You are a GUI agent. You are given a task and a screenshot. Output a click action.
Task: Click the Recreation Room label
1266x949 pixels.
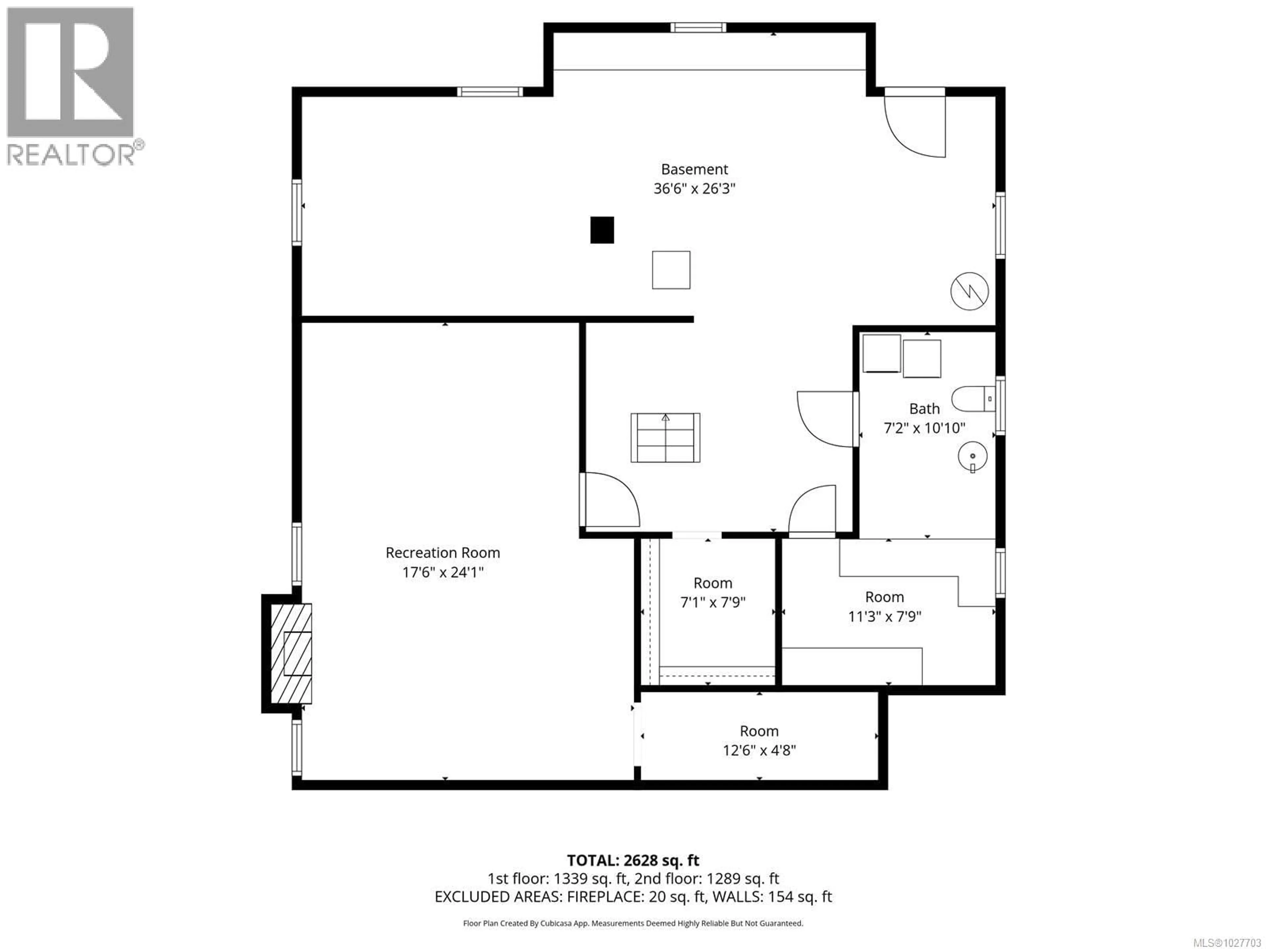pos(442,553)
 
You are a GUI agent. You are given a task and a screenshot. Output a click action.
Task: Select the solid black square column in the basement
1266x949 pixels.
pos(602,230)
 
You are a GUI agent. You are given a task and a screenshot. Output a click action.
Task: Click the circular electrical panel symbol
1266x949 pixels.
pos(970,291)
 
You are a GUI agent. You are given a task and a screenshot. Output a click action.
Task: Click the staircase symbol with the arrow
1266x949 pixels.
pos(665,438)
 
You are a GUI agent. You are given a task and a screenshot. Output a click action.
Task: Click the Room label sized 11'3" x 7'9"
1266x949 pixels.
pos(884,597)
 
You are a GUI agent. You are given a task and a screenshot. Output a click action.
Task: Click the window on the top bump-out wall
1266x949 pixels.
pos(698,27)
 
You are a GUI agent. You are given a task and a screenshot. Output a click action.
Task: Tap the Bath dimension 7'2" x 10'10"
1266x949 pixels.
pos(924,428)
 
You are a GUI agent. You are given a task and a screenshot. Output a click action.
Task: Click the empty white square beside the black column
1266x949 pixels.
pos(671,270)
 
